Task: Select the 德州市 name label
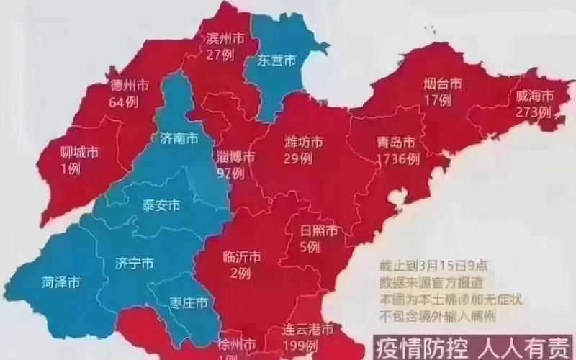(x=130, y=86)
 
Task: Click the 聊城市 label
(x=78, y=152)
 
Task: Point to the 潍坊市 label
(x=302, y=140)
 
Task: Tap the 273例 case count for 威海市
(x=534, y=112)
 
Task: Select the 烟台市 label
(x=442, y=84)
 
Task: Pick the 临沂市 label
(x=240, y=257)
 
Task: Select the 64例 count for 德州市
(x=123, y=102)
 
